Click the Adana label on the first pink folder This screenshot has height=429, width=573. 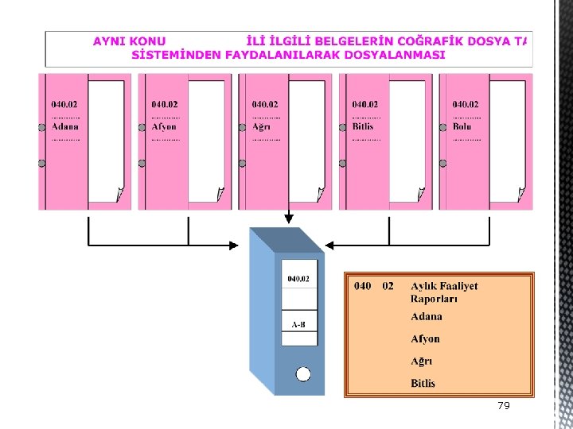[x=65, y=127]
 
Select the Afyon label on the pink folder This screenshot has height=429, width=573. [x=164, y=127]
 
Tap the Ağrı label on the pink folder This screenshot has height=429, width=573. [x=263, y=127]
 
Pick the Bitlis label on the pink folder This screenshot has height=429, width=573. [x=363, y=127]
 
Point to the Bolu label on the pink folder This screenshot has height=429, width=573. [x=462, y=127]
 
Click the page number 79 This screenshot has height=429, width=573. [x=503, y=405]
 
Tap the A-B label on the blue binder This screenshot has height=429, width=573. [x=298, y=324]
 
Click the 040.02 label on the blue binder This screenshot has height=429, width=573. [x=298, y=279]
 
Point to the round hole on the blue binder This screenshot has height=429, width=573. [x=302, y=374]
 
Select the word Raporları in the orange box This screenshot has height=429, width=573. [x=434, y=300]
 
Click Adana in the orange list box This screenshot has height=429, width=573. [x=427, y=316]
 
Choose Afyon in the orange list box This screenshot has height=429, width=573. [x=425, y=338]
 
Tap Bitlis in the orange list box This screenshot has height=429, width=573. [x=423, y=383]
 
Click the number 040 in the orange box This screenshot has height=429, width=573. [x=362, y=286]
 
